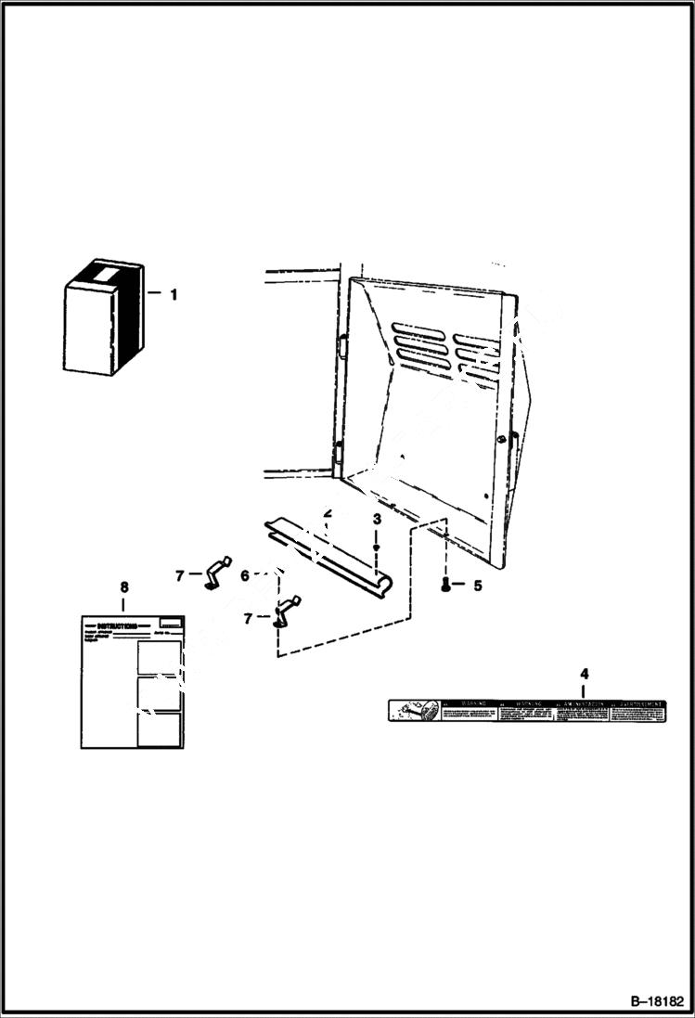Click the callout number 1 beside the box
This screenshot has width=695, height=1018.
173,295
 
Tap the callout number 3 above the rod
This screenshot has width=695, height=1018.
377,519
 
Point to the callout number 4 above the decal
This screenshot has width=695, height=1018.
584,674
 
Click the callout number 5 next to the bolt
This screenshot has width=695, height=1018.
478,586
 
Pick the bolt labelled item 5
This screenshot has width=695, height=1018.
447,584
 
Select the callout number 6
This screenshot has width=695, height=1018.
245,575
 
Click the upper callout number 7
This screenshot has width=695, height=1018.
179,576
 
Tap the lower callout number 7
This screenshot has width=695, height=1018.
248,617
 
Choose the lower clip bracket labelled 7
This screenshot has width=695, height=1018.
285,610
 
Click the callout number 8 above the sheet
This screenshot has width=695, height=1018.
125,586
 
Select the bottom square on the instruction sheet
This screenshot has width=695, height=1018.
158,729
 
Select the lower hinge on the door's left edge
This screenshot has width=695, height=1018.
337,457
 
